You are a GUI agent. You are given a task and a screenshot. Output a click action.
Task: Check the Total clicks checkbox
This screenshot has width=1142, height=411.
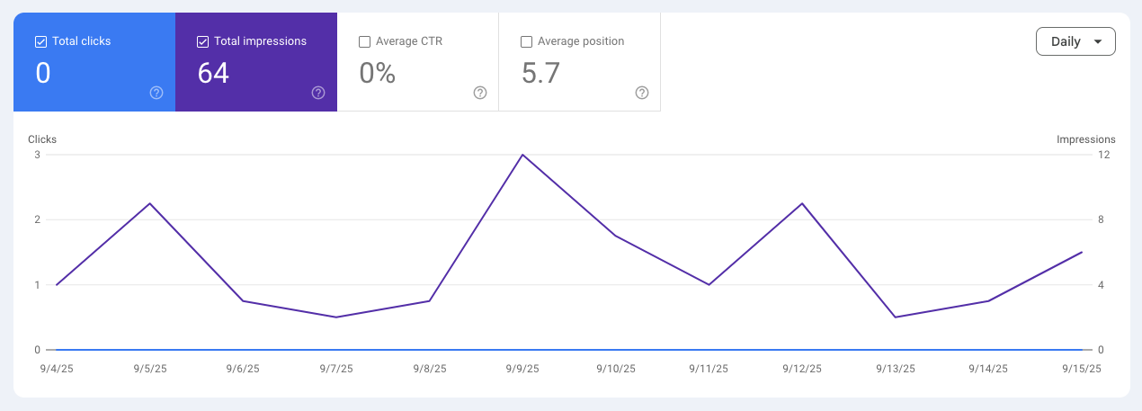tap(40, 41)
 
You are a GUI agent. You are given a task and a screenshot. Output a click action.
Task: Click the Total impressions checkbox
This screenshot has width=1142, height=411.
tap(202, 41)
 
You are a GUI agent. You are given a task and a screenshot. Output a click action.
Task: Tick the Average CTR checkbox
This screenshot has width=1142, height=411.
tap(364, 41)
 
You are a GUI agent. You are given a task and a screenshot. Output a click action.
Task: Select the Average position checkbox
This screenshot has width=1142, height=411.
tap(526, 41)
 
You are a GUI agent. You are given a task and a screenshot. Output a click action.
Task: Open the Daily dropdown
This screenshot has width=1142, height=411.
tap(1075, 41)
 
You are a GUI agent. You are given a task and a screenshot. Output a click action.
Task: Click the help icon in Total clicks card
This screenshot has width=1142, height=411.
tap(156, 93)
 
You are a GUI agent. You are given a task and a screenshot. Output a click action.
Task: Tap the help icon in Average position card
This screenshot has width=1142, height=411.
tap(642, 93)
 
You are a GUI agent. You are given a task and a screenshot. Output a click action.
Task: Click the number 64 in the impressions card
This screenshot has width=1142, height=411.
tap(213, 74)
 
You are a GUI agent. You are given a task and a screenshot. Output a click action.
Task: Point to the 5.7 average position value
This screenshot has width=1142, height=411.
tap(540, 74)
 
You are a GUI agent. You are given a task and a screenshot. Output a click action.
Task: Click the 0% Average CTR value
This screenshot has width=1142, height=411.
tap(378, 74)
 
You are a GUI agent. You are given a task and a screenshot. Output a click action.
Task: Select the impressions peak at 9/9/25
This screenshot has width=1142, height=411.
tap(522, 155)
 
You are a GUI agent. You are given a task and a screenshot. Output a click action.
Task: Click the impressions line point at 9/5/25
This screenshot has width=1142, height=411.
tap(149, 203)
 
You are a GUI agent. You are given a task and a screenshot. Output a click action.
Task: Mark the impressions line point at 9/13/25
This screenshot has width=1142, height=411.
tap(896, 317)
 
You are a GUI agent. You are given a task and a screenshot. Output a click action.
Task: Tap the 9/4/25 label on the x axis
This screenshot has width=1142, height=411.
tap(56, 369)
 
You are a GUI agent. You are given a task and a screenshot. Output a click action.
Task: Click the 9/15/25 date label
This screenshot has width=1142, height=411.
tap(1082, 369)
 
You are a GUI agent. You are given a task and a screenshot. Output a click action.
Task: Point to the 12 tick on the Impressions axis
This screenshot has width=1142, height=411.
tap(1103, 155)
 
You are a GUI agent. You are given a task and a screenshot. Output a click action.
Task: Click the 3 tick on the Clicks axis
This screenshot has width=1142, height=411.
tap(37, 155)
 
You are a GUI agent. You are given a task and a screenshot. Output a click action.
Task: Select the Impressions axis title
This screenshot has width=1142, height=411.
tap(1085, 139)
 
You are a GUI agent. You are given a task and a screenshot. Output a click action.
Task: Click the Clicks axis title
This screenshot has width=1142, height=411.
tap(42, 139)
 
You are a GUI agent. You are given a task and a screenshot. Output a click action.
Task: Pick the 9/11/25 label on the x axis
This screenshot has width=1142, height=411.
tap(709, 369)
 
